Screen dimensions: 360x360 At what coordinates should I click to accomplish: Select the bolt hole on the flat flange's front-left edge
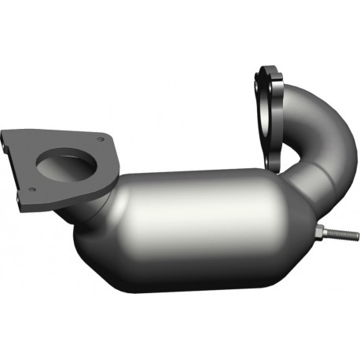31,189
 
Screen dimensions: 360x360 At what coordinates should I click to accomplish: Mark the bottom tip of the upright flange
274,167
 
